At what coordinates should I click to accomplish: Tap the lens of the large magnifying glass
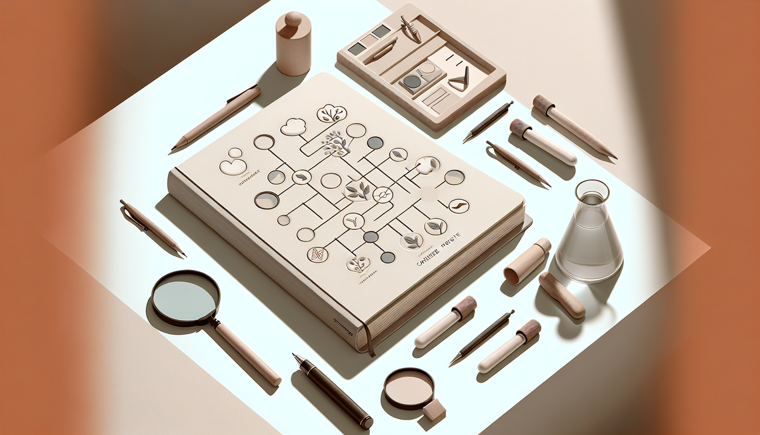[x=186, y=297]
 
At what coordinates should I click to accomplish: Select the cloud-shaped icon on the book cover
[x=293, y=127]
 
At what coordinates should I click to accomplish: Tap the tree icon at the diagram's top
[x=332, y=114]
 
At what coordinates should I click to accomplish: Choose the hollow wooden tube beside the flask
[x=527, y=260]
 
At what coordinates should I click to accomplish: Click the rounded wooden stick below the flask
[x=561, y=294]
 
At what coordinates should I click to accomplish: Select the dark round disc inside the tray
[x=412, y=81]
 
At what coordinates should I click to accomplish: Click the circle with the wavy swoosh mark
[x=459, y=205]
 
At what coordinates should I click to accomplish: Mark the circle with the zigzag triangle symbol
[x=317, y=254]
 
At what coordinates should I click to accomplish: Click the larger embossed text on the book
[x=437, y=259]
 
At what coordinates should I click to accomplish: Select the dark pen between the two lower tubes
[x=481, y=337]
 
